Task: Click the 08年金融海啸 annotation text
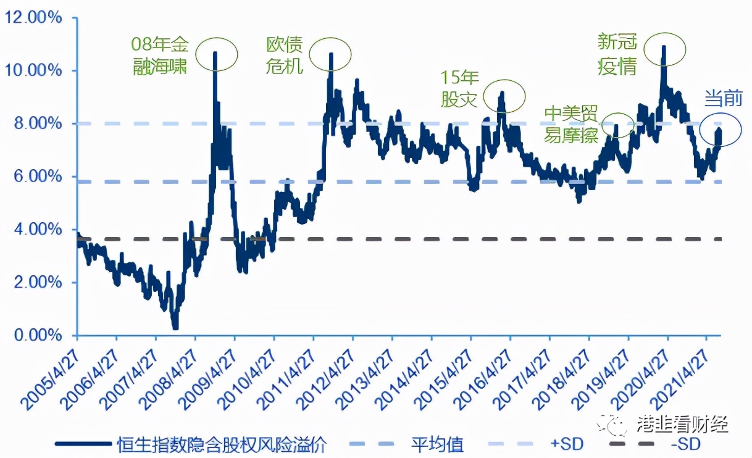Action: pos(161,56)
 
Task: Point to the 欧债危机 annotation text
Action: pos(285,55)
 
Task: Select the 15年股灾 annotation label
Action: pos(459,89)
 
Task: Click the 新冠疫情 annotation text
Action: pos(617,55)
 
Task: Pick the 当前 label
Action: pos(724,98)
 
